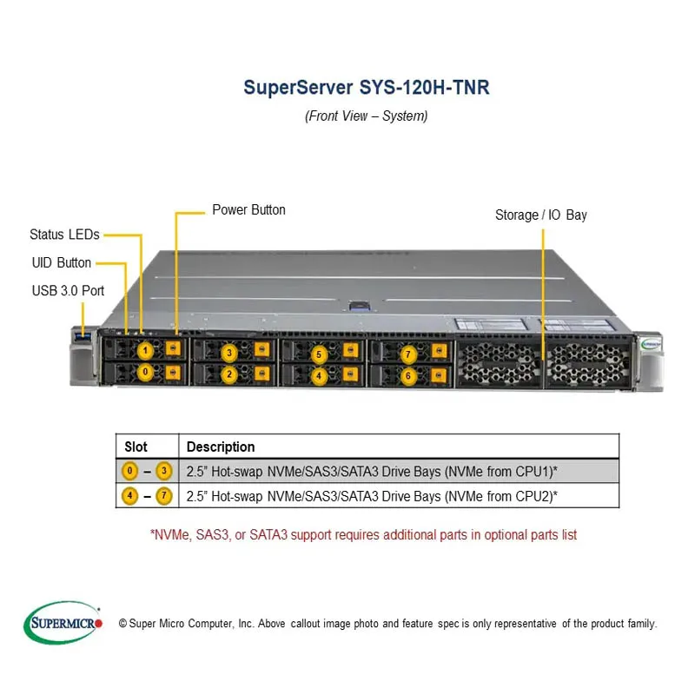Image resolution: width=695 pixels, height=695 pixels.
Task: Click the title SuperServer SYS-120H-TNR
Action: [x=366, y=88]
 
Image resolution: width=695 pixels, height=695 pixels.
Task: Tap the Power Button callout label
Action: [x=248, y=210]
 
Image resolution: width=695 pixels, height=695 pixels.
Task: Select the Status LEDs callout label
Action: [x=63, y=235]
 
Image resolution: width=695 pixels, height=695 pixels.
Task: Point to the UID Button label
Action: [x=61, y=262]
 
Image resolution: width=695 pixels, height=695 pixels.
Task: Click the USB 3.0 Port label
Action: [x=68, y=290]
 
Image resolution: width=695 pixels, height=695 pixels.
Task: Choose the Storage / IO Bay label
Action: [x=540, y=215]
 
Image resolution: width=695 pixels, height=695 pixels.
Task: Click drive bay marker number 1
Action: [x=146, y=350]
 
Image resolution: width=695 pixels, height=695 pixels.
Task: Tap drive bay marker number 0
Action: [x=146, y=373]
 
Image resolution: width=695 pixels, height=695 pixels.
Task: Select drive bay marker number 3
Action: [x=229, y=353]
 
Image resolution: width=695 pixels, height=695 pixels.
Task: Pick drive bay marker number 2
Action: [x=229, y=374]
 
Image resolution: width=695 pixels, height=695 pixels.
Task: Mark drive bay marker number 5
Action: [x=319, y=354]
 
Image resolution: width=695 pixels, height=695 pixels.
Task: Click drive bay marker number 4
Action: [x=319, y=376]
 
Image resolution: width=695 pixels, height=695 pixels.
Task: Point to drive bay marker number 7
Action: [x=409, y=354]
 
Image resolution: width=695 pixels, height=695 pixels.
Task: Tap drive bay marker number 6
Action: [x=409, y=376]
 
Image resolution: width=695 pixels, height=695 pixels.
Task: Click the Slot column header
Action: [x=136, y=447]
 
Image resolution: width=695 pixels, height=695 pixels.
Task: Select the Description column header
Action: [x=221, y=447]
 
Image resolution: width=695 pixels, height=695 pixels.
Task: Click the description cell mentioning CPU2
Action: [x=372, y=496]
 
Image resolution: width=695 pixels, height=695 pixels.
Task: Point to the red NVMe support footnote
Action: [x=363, y=534]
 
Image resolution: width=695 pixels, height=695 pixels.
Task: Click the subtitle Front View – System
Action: [x=366, y=116]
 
